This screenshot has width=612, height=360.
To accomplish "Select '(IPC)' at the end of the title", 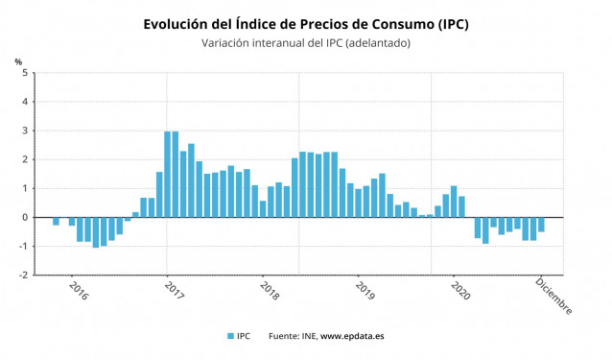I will coord(448,23).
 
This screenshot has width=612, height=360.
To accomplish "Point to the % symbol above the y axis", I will coord(18,61).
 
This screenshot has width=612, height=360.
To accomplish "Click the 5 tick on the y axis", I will coord(26,73).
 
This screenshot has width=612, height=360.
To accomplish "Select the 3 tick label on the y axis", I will coord(26,131).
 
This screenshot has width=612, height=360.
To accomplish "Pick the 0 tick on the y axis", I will coord(26,217).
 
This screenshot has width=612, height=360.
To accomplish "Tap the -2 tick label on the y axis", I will coord(24,275).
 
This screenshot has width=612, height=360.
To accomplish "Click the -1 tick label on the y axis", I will coord(24,246).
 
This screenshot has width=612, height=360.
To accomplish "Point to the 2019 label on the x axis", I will coord(365,291).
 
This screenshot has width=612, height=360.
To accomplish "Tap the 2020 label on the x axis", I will coord(459,291).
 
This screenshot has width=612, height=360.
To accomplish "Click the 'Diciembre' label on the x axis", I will coord(553,296).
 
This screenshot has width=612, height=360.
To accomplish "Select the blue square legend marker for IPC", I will coord(229,336).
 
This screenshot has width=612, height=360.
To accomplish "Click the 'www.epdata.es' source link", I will coord(352,336).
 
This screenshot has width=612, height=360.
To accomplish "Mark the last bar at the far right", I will coord(541,225).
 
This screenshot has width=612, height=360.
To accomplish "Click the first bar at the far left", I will coord(56,221).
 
